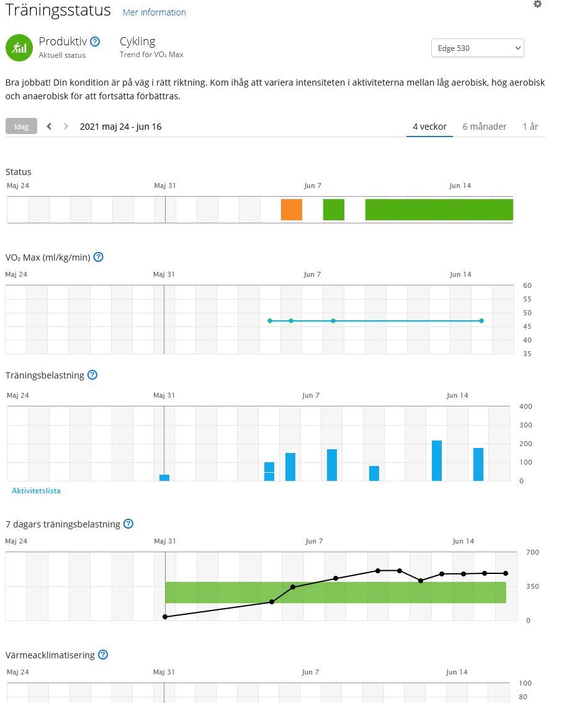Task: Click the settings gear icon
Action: [537, 4]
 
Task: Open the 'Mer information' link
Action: [154, 12]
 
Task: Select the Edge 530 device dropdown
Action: [477, 48]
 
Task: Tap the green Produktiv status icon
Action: [19, 48]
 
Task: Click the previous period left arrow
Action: [49, 127]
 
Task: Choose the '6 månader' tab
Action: [485, 127]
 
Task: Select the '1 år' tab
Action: [530, 127]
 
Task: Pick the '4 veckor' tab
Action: [429, 127]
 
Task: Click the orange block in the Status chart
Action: [291, 210]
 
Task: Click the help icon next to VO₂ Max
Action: [98, 257]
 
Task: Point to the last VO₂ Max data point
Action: [481, 321]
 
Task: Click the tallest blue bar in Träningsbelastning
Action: [437, 460]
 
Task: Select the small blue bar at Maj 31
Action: [164, 477]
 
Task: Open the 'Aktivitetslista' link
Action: [36, 491]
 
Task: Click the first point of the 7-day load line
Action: [165, 617]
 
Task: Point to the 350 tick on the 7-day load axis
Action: [528, 586]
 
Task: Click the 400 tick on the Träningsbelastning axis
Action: [526, 407]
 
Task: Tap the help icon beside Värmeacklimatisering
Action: [103, 655]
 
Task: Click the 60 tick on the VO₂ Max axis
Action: [527, 286]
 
